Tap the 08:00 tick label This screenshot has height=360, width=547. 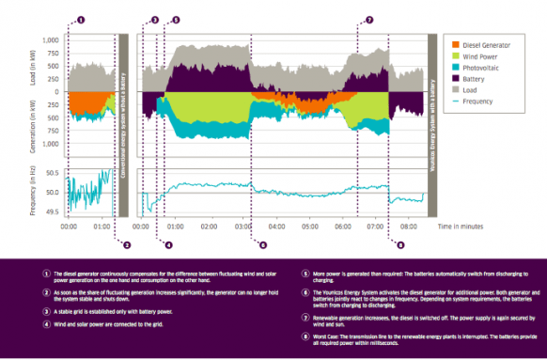pyautogui.click(x=409, y=227)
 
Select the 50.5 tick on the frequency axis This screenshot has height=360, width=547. pyautogui.click(x=50, y=174)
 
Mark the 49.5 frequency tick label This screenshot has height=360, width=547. pyautogui.click(x=50, y=212)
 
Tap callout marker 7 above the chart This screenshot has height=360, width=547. pyautogui.click(x=368, y=19)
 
